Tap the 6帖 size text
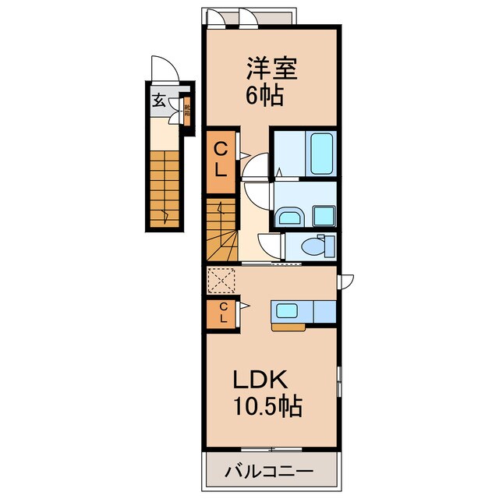[264, 96]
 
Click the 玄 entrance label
[158, 101]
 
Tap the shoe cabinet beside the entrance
[187, 111]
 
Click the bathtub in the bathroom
[321, 154]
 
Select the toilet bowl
[315, 246]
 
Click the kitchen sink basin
[286, 311]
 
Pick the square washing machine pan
[323, 215]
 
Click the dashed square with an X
[221, 279]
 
